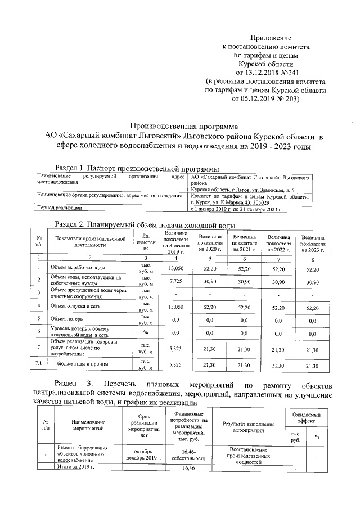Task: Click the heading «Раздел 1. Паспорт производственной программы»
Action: tap(137, 168)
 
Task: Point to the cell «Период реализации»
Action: tap(57, 208)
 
